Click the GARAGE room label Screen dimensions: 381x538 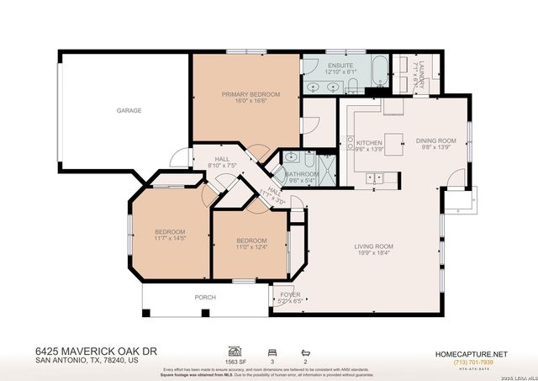(x=129, y=110)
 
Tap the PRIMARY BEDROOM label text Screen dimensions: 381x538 (x=251, y=94)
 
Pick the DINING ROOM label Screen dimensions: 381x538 (x=435, y=140)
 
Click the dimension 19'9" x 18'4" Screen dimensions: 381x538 (x=373, y=253)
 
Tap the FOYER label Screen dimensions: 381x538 (x=290, y=294)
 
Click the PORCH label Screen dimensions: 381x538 (x=205, y=297)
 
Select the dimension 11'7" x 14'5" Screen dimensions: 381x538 (x=170, y=240)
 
